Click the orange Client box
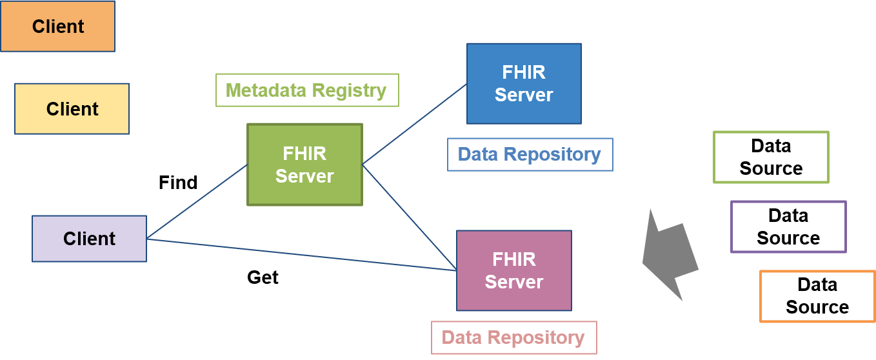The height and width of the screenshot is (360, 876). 57,26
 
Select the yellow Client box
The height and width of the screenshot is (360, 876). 72,108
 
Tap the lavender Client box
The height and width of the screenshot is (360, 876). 89,239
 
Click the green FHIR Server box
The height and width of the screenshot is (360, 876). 304,165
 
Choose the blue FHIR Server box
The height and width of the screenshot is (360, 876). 524,83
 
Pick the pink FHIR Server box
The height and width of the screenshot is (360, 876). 513,270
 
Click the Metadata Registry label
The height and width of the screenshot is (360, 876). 307,90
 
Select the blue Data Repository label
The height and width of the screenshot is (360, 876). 530,155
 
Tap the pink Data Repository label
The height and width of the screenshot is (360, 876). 513,337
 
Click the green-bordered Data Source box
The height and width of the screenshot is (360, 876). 771,157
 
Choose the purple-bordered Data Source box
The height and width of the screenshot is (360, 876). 788,226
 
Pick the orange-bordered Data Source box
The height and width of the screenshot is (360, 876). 817,296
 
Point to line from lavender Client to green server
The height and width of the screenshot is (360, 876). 197,202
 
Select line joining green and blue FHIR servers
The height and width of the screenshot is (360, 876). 414,123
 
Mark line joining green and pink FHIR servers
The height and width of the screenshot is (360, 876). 409,217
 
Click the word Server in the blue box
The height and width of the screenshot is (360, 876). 524,95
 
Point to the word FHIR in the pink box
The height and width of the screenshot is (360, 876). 513,259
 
